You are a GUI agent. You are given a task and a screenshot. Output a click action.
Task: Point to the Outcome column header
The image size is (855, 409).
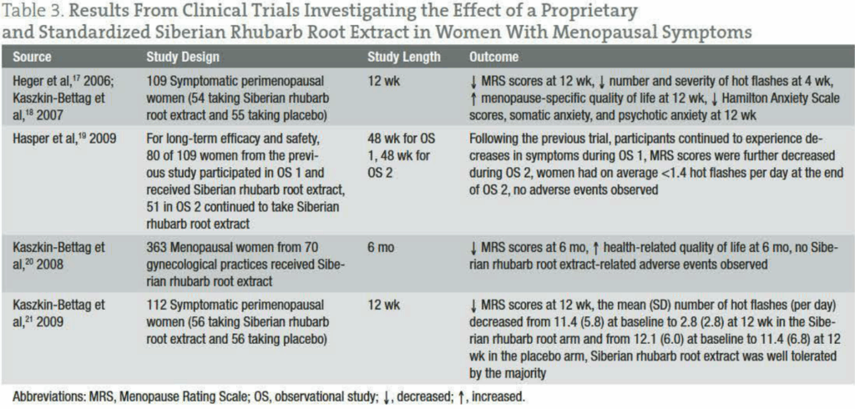click(494, 58)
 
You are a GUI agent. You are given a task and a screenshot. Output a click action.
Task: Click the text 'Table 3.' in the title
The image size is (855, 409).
click(33, 12)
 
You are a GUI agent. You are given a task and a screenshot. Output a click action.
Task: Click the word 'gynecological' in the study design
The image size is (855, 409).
click(185, 264)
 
